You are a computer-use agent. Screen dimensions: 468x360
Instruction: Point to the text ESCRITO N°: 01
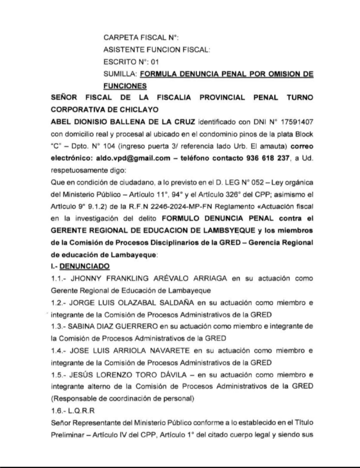(x=130, y=61)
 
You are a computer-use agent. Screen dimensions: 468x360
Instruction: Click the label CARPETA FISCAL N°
(x=137, y=37)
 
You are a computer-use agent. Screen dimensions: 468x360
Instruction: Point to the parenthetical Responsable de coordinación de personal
(x=123, y=399)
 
